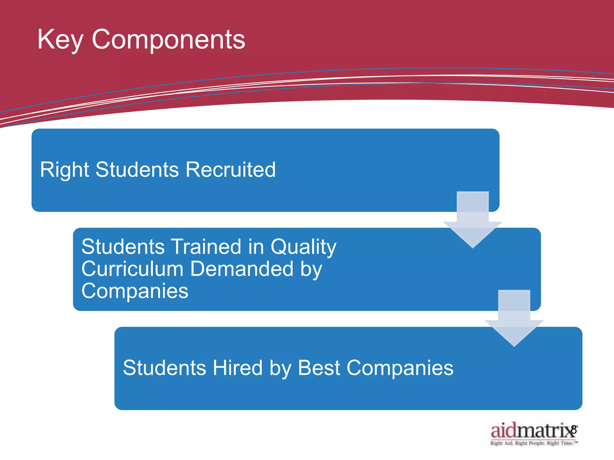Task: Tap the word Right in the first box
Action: [64, 170]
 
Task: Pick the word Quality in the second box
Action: [303, 247]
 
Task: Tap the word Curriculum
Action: [132, 269]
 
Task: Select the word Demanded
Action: [242, 269]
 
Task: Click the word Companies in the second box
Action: [135, 291]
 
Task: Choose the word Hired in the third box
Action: [237, 368]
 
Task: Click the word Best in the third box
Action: [319, 368]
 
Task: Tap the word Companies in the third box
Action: [400, 368]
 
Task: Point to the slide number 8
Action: [574, 429]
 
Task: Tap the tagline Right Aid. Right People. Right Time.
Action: [534, 443]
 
